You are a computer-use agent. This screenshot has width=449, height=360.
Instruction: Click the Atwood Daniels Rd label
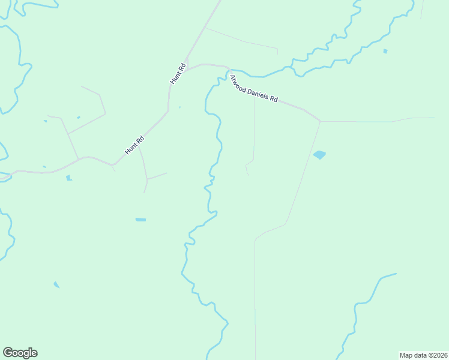[x=253, y=88]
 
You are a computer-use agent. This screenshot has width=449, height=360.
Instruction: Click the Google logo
[x=20, y=353]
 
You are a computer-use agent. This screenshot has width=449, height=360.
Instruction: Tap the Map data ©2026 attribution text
[x=423, y=355]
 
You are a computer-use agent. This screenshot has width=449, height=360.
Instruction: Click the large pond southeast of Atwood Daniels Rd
[x=319, y=155]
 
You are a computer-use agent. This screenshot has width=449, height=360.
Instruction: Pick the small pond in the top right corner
[x=385, y=52]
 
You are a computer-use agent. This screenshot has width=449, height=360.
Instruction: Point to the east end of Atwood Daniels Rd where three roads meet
[x=320, y=121]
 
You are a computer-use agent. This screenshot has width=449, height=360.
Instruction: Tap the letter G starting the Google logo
[x=8, y=353]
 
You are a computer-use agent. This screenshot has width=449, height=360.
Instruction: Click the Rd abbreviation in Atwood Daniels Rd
[x=274, y=99]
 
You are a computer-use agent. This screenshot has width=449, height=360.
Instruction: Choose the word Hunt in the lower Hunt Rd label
[x=131, y=149]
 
